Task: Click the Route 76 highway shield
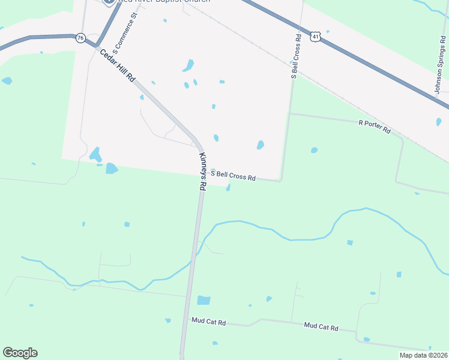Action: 80,38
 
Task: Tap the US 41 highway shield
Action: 316,37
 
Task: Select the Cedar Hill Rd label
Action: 118,70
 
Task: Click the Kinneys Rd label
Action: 202,172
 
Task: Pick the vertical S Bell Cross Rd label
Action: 295,56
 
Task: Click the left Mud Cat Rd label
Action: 208,322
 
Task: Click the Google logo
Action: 20,353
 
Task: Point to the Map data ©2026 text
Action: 423,355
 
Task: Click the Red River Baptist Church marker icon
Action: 109,2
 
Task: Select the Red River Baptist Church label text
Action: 164,2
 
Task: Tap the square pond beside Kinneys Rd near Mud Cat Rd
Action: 204,300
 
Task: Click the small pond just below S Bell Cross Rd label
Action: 228,188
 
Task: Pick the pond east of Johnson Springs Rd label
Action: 439,122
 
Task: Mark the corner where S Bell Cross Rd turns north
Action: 280,179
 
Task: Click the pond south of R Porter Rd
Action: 314,150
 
